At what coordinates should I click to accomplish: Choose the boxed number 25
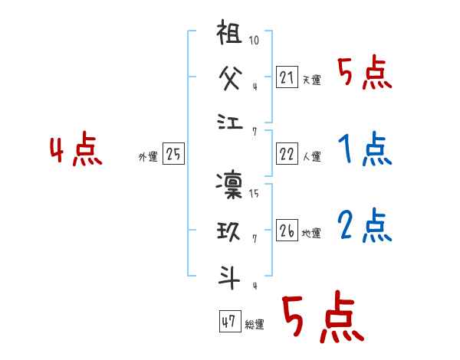pyautogui.click(x=173, y=155)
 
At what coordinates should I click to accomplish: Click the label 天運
pyautogui.click(x=311, y=79)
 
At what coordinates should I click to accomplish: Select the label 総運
pyautogui.click(x=255, y=325)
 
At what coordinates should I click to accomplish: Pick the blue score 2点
pyautogui.click(x=364, y=225)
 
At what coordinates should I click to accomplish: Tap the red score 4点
pyautogui.click(x=76, y=150)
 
